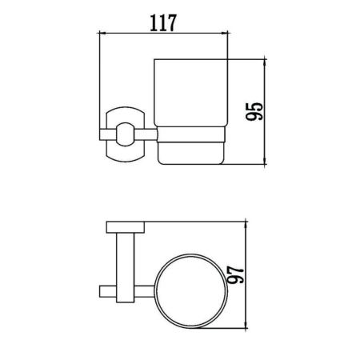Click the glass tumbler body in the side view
click(190, 93)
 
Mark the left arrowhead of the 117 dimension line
click(101, 34)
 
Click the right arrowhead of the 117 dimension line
click(226, 34)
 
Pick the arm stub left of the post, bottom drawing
click(108, 290)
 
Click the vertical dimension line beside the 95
click(262, 112)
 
